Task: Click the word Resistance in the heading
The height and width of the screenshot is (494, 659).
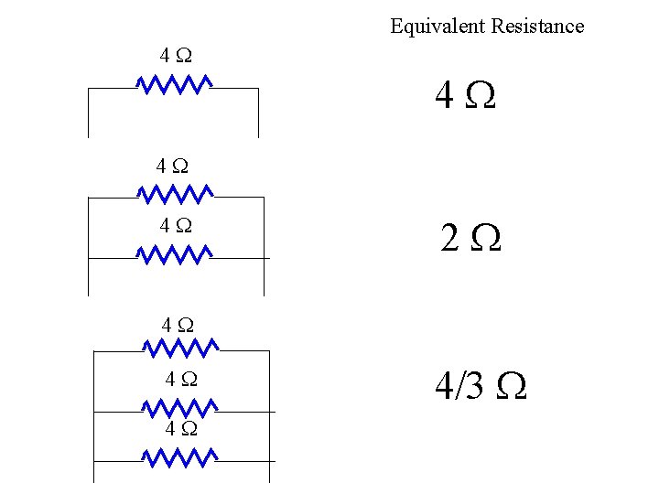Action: tap(537, 26)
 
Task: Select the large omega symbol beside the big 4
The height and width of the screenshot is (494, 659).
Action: tap(481, 95)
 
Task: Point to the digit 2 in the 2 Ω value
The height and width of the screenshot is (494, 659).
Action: tap(449, 239)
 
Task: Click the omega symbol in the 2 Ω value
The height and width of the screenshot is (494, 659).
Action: tap(486, 240)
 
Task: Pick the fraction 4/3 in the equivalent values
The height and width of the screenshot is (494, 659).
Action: tap(460, 387)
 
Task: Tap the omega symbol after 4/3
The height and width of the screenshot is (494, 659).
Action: tap(511, 388)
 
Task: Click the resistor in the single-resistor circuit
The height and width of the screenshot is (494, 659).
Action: tap(174, 85)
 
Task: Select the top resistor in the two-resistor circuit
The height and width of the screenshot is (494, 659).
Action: tap(174, 193)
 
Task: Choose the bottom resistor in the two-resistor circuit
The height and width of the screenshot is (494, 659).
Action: tap(174, 253)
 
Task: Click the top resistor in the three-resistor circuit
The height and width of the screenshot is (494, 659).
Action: tap(180, 348)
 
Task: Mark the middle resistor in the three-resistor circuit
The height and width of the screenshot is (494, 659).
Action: tap(180, 408)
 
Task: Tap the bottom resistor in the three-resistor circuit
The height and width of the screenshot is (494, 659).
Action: tap(180, 456)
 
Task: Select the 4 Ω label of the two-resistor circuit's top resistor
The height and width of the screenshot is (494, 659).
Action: tap(173, 166)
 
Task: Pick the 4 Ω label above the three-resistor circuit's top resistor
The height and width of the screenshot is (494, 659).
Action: tap(177, 324)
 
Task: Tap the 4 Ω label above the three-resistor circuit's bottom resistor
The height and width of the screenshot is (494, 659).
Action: tap(181, 427)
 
